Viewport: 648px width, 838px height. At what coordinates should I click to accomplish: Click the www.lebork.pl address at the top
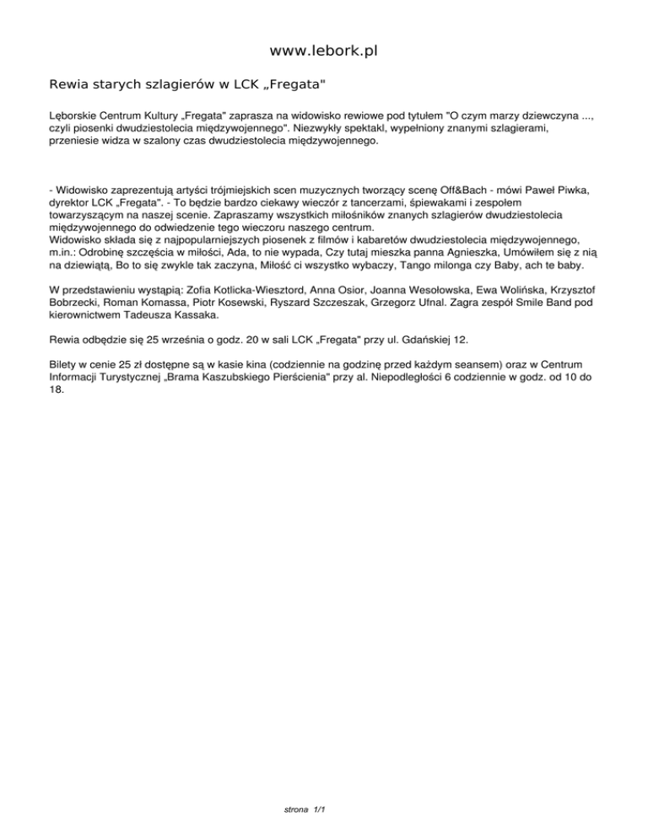[x=324, y=51]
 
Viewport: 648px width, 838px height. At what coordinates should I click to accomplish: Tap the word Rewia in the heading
[x=69, y=85]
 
